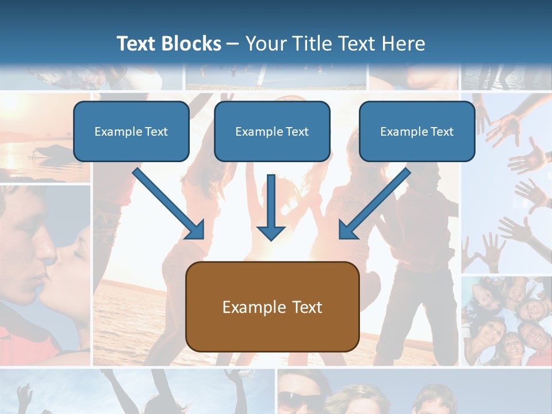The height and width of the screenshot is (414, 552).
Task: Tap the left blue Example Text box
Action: coord(131,132)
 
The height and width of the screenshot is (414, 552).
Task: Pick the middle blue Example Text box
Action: coord(272,132)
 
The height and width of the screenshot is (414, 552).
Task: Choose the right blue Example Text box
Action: coord(417,132)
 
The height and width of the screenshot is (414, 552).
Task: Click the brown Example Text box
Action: coord(272,307)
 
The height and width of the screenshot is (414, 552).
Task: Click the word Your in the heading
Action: coord(264,44)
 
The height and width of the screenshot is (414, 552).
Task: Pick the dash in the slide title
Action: coord(233,44)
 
